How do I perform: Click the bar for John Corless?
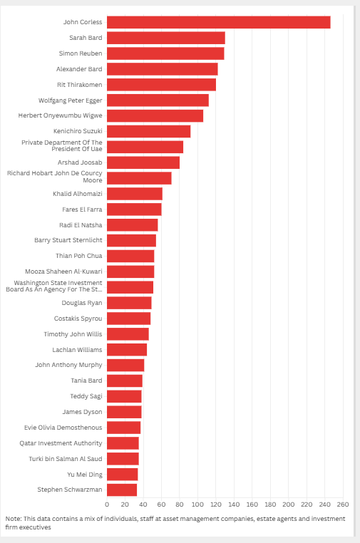[218, 22]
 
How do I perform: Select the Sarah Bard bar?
[165, 38]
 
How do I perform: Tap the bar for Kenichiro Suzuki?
[148, 131]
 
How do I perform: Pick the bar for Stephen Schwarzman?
[122, 490]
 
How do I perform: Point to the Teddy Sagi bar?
[124, 396]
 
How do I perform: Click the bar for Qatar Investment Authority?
[123, 443]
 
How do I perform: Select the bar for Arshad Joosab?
[143, 162]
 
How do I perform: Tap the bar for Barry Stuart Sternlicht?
[131, 240]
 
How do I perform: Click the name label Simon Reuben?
[81, 53]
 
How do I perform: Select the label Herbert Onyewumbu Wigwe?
[61, 115]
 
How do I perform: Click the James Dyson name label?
[82, 412]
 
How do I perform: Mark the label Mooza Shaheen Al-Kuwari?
[63, 271]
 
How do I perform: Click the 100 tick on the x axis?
[197, 504]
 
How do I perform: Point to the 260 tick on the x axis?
[343, 504]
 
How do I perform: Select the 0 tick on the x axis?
[107, 504]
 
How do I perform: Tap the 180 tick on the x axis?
[270, 504]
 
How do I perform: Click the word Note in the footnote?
[13, 519]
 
